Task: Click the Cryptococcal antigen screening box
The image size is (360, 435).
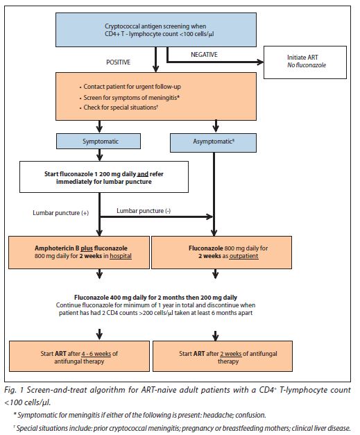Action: (x=160, y=30)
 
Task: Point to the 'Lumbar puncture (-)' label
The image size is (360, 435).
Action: (x=143, y=210)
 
